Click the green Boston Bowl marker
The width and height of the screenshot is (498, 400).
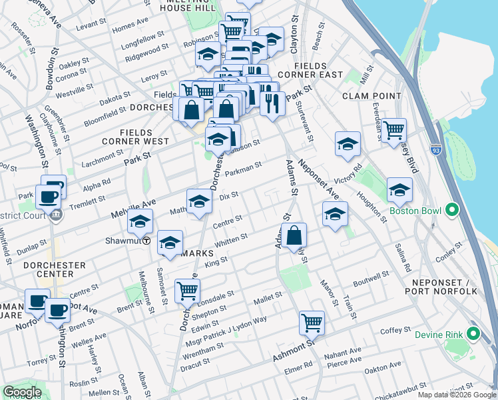click(x=452, y=211)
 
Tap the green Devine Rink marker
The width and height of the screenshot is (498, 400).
click(x=474, y=333)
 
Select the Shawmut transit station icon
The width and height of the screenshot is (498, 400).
click(x=146, y=241)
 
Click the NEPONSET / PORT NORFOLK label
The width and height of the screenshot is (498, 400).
click(x=441, y=286)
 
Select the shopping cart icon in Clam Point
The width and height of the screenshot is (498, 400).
click(x=393, y=129)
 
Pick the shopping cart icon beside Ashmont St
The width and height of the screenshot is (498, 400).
click(x=312, y=323)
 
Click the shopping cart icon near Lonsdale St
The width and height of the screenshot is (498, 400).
click(x=188, y=291)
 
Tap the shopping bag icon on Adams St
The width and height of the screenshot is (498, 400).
click(x=294, y=235)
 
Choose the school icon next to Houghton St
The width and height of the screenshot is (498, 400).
click(x=399, y=191)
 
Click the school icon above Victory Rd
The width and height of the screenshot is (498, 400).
click(x=347, y=143)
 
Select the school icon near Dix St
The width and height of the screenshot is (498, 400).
click(x=199, y=201)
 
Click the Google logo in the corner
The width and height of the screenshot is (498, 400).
click(x=22, y=392)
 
